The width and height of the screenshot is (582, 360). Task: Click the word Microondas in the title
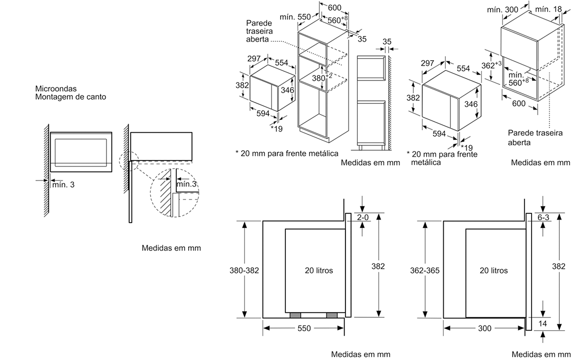(x=54, y=88)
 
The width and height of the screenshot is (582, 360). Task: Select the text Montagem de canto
(x=70, y=97)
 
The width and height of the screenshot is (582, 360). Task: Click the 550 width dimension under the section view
(x=304, y=328)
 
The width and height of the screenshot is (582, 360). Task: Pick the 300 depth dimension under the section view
(x=484, y=328)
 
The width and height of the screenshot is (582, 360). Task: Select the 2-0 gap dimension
(x=363, y=218)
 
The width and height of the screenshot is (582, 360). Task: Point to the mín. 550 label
(x=295, y=16)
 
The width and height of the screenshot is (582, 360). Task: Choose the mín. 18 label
(x=548, y=9)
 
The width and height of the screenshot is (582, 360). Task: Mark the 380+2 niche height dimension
(x=320, y=78)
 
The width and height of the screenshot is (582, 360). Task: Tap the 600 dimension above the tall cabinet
(x=334, y=8)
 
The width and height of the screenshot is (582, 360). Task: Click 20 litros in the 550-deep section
(x=318, y=271)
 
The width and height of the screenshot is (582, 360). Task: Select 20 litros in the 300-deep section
(x=494, y=271)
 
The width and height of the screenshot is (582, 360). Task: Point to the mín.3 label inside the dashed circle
(x=186, y=184)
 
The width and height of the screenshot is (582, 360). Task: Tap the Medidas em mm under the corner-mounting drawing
(x=171, y=248)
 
